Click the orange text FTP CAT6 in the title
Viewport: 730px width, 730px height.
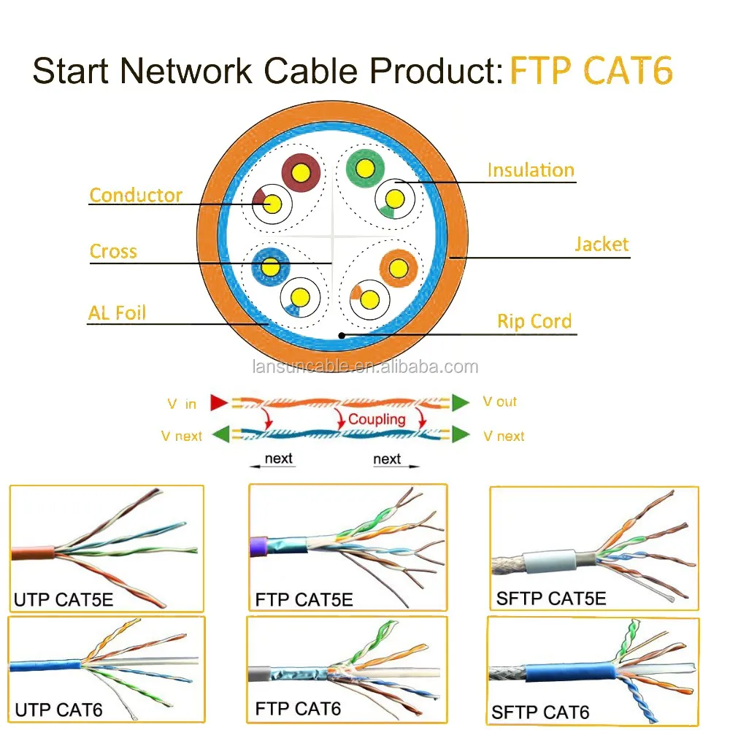click(591, 72)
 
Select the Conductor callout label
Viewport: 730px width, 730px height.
click(136, 195)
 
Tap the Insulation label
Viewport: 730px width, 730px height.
click(531, 170)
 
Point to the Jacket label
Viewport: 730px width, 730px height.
click(601, 245)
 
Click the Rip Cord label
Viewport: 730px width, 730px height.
click(534, 321)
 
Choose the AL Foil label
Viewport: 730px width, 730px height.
click(118, 313)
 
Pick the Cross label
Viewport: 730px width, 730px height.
click(113, 252)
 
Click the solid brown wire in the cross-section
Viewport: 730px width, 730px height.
click(301, 173)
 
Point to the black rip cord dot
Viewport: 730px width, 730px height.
click(342, 335)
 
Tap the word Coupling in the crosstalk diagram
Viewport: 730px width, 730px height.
click(376, 419)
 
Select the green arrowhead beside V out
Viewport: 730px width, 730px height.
click(460, 402)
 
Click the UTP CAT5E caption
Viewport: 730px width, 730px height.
click(64, 599)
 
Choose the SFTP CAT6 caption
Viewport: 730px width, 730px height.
click(540, 712)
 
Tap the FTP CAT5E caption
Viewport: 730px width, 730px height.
click(304, 600)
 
